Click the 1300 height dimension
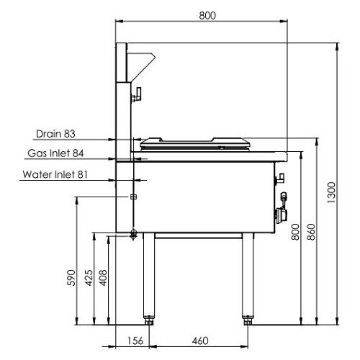coord(331,192)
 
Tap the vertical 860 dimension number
coord(311,232)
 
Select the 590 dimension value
coord(71,278)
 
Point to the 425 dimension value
coord(89,278)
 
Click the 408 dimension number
coord(103,278)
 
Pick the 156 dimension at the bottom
coord(135,341)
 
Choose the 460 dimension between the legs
coord(200,341)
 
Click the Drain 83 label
coord(55,134)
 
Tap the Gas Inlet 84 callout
coord(55,153)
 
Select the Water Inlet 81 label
coord(55,174)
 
